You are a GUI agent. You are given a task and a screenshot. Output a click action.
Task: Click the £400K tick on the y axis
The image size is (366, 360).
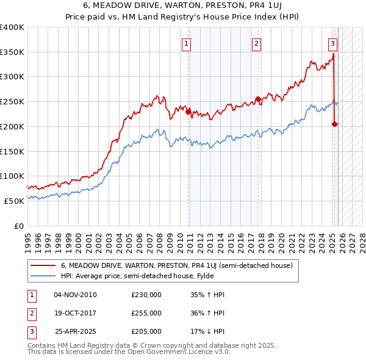12,27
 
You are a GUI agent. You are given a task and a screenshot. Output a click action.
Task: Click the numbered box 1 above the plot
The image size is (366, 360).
186,43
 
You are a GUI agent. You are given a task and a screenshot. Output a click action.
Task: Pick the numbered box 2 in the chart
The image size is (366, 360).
257,43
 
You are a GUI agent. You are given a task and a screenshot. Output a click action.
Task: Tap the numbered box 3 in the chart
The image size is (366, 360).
332,43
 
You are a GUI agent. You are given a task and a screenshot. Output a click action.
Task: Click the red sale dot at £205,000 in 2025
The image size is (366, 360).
335,124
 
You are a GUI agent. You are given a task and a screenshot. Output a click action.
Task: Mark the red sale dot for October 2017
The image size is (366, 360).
258,99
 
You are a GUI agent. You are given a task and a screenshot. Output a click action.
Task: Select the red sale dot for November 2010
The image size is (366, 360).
188,111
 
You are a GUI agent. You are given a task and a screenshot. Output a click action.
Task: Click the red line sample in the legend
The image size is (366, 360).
43,265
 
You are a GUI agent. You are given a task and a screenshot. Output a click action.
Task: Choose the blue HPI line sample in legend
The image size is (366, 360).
43,276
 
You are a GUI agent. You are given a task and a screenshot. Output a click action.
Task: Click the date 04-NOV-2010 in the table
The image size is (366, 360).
75,295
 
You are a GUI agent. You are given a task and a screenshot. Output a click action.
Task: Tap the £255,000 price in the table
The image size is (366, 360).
146,313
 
